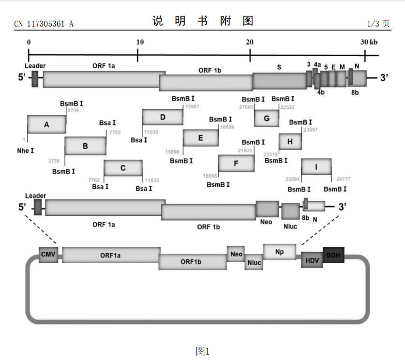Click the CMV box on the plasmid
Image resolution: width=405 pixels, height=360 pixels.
tap(48, 255)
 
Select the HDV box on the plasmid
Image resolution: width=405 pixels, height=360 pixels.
tap(312, 260)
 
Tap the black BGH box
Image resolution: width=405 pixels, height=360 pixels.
tap(333, 255)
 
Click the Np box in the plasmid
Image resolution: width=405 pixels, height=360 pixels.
tap(279, 252)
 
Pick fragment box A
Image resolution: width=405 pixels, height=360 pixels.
tap(46, 125)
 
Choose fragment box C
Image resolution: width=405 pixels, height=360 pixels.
tap(123, 168)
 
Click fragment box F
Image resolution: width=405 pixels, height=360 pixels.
tap(236, 164)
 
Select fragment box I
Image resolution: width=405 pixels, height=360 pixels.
tap(316, 166)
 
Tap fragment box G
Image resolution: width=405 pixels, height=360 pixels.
tap(267, 118)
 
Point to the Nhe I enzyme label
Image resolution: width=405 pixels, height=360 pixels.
tap(26, 151)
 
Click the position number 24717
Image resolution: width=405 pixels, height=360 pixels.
tap(344, 179)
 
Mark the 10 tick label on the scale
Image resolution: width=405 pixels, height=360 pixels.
tap(139, 42)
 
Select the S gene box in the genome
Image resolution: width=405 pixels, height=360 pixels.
tap(279, 80)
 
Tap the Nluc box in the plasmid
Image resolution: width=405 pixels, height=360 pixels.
tap(254, 262)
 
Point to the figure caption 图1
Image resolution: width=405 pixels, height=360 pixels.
tap(202, 351)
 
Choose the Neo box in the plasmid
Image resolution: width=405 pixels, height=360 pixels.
tap(236, 254)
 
